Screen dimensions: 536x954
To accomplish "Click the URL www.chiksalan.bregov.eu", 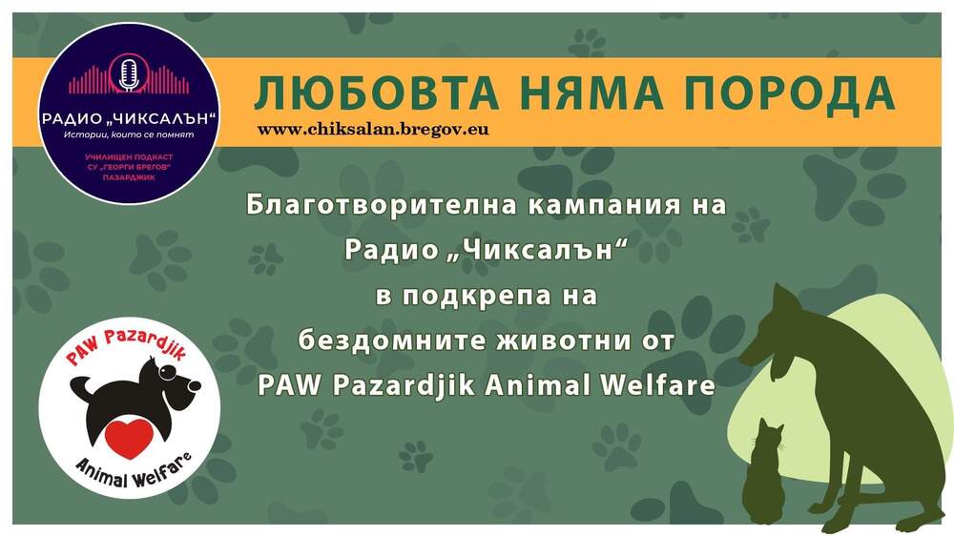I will [x=373, y=129].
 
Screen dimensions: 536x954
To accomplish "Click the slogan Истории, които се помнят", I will [x=129, y=134].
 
